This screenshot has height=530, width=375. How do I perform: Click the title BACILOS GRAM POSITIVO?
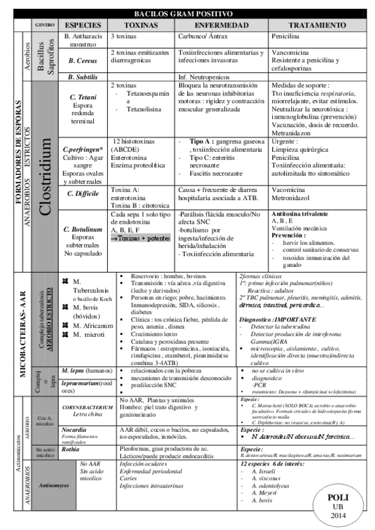tap(187, 13)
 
